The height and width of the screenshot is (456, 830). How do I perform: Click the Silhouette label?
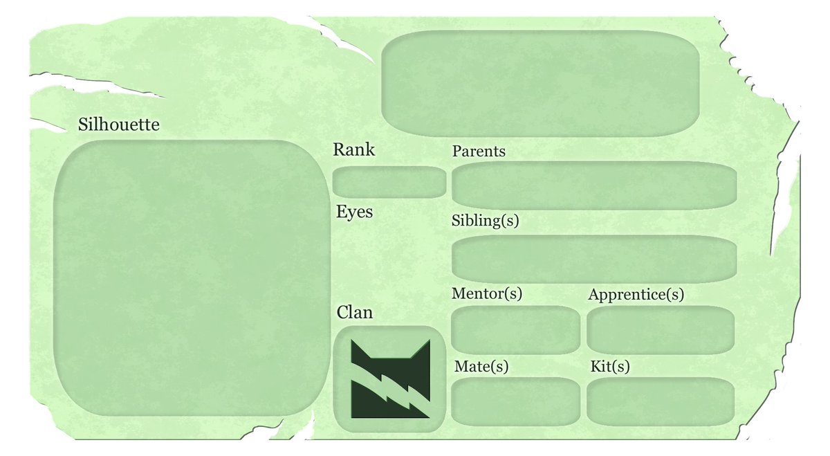pos(119,125)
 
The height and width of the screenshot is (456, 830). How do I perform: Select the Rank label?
pos(353,149)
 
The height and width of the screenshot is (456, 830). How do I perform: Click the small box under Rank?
pos(389,182)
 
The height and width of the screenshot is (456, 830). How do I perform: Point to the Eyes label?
pos(354,212)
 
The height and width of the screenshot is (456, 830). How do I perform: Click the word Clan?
pos(355,313)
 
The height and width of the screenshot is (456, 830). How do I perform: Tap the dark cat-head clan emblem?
pos(389,379)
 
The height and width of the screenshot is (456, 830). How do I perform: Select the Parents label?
pos(479,151)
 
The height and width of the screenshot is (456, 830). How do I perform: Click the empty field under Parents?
pos(593,185)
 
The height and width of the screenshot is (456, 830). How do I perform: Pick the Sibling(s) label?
pos(485,221)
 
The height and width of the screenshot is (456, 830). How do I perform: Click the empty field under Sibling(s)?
pos(593,259)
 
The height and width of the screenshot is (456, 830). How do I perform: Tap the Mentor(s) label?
pos(486,293)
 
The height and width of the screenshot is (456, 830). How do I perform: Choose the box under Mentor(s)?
pos(515,329)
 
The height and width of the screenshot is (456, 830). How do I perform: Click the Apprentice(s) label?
pos(636,295)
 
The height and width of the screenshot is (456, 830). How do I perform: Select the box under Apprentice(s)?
pos(660,329)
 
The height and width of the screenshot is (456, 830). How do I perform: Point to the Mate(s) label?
pos(481,367)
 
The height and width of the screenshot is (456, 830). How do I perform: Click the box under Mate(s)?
pos(515,402)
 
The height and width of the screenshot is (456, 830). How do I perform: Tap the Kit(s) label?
pos(610,367)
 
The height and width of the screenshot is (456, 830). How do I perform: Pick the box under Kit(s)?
pos(660,402)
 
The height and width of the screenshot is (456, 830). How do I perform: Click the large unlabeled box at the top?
pos(540,83)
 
